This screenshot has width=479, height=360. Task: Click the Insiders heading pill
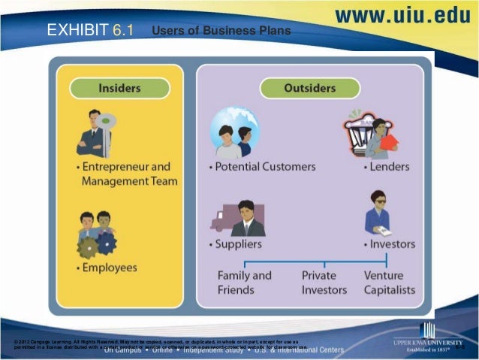119,88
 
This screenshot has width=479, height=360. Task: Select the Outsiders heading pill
309,88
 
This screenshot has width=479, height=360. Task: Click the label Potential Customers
261,166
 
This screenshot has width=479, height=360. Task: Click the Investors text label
390,244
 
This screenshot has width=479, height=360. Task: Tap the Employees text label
109,267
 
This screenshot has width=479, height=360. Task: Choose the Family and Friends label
244,283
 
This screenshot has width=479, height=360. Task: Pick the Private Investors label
324,283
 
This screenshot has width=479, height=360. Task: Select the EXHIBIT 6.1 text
89,31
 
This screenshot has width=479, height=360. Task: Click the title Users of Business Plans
221,32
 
